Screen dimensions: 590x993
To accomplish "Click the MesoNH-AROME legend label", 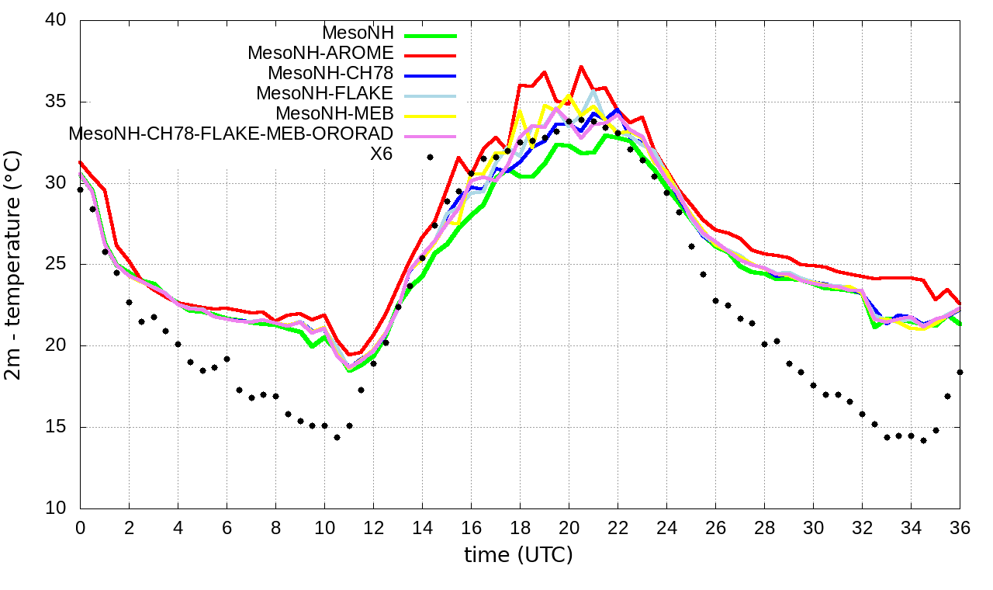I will pos(320,53).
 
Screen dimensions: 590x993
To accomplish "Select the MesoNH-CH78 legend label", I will pos(330,73).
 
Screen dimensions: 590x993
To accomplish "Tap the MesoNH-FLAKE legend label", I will pos(325,93).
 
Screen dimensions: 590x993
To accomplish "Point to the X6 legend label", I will pos(381,154).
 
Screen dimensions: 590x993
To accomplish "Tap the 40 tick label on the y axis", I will pos(58,21).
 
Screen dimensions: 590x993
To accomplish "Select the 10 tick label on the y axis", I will pos(58,508).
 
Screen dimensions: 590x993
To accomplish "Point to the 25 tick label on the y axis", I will pos(58,265).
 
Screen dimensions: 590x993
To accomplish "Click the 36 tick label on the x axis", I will pos(960,527).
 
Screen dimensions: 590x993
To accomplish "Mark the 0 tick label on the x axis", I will pos(80,527).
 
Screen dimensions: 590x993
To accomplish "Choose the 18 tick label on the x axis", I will pos(520,527).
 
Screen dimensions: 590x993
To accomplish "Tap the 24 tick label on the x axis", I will pos(666,527).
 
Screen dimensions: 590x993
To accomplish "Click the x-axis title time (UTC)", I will pos(519,555).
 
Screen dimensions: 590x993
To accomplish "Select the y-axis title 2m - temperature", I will pos(14,265).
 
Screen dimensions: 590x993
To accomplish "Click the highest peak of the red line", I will pos(581,67).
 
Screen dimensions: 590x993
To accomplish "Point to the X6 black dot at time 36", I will pos(960,373).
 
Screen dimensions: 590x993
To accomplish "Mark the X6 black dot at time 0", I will pos(80,189).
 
